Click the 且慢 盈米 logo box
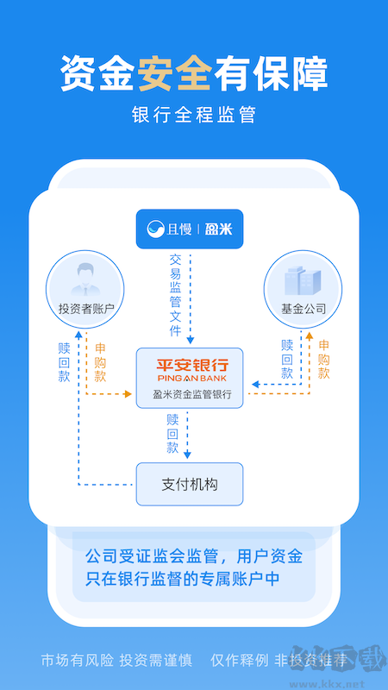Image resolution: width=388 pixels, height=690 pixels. tap(190, 229)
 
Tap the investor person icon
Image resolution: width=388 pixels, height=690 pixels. tap(80, 278)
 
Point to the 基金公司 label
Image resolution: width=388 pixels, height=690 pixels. tap(304, 309)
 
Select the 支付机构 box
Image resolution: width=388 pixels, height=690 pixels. tap(190, 484)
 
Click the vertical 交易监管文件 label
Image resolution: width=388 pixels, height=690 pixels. tap(176, 294)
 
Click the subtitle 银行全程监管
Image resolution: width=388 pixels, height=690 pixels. tap(194, 115)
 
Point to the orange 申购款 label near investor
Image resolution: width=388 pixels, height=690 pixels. tap(100, 362)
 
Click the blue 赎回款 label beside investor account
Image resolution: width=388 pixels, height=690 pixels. tap(64, 361)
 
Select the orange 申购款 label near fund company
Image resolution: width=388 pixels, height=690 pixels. tap(323, 360)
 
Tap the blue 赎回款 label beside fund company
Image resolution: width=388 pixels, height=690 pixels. tap(287, 360)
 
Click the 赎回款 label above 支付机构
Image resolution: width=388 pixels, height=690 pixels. tap(173, 434)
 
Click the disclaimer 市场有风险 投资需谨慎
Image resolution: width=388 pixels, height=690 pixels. tap(115, 661)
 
